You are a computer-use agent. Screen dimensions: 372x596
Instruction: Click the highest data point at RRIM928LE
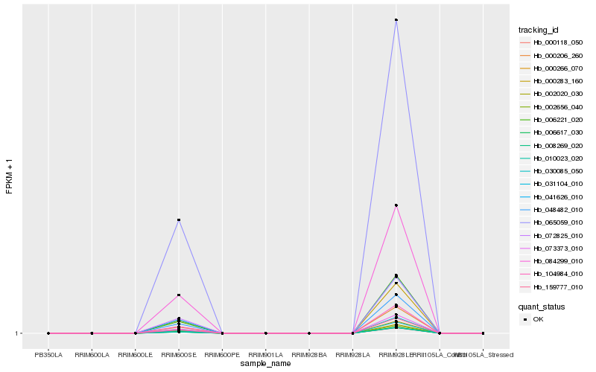pos(396,20)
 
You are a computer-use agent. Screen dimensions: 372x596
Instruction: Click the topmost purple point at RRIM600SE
pos(179,220)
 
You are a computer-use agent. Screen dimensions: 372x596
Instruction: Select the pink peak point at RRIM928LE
pos(396,205)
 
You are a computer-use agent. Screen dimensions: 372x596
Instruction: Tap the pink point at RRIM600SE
pos(179,295)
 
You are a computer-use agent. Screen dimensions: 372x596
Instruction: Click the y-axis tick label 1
pos(16,333)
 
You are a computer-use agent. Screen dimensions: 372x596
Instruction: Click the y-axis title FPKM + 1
pos(9,176)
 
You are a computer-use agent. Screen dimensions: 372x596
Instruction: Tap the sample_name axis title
pos(265,364)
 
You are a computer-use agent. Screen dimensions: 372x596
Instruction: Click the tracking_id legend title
pos(539,30)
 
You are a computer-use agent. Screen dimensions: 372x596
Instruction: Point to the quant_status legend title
pos(542,307)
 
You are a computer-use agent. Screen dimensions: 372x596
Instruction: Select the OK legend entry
pos(538,319)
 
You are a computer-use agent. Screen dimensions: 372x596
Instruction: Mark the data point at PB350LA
pos(48,333)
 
